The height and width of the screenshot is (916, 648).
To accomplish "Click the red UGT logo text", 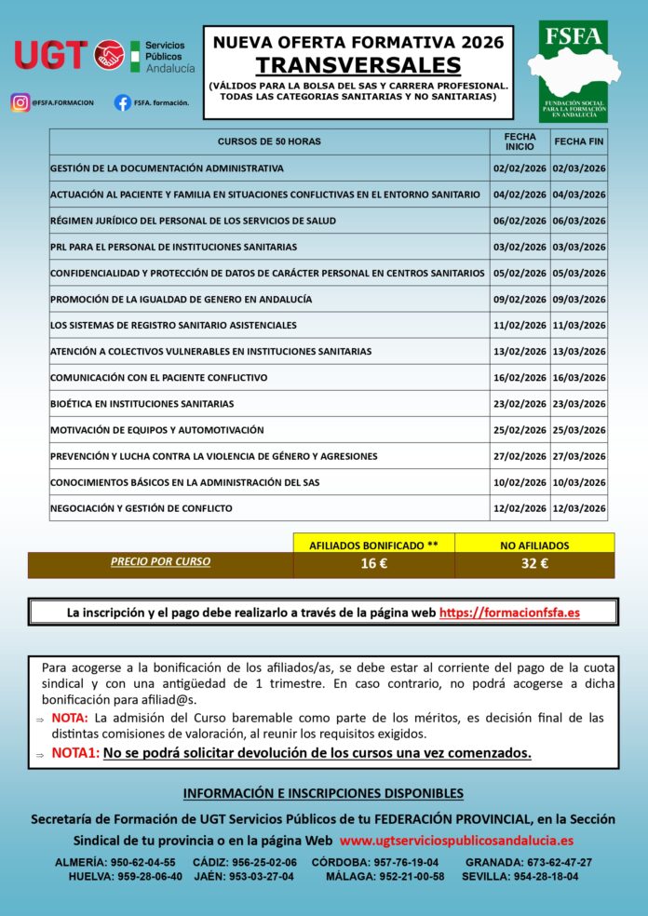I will [50, 55].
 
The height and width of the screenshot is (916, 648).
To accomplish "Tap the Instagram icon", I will [20, 102].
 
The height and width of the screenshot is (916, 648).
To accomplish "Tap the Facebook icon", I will [122, 102].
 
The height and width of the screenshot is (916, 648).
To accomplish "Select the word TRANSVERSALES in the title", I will [358, 64].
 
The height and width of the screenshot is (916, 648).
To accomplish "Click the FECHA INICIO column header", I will [520, 141].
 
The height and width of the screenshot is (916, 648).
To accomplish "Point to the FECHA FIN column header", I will [578, 141].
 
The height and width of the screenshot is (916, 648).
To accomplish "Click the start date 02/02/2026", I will [520, 168].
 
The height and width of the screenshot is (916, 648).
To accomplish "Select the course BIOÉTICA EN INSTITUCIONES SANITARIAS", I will [142, 404].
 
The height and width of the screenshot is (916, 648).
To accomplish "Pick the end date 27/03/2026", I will [578, 456].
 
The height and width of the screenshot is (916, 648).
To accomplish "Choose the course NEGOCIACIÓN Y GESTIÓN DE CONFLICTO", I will [142, 508].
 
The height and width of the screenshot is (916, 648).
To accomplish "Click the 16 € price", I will [373, 562].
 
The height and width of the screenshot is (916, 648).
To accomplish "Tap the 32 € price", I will [534, 562].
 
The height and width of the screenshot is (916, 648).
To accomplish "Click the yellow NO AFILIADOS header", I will [534, 545].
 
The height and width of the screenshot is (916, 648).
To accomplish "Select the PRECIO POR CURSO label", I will [160, 561].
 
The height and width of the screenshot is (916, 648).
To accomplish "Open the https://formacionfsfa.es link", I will [509, 613].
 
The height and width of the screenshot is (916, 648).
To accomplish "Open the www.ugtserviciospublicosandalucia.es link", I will [456, 840].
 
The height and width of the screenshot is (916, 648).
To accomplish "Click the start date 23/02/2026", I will [520, 404].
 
